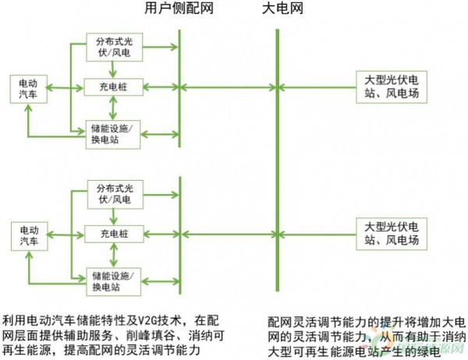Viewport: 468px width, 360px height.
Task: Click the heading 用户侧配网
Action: [179, 9]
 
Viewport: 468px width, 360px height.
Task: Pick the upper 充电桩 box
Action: [115, 86]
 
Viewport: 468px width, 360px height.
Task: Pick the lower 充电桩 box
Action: [115, 233]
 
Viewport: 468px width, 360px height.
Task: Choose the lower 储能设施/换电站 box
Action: [115, 280]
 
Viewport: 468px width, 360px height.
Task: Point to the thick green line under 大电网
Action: [277, 156]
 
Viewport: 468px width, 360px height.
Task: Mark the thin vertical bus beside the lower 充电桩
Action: [180, 234]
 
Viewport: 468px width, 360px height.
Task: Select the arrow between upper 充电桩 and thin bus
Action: [161, 86]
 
